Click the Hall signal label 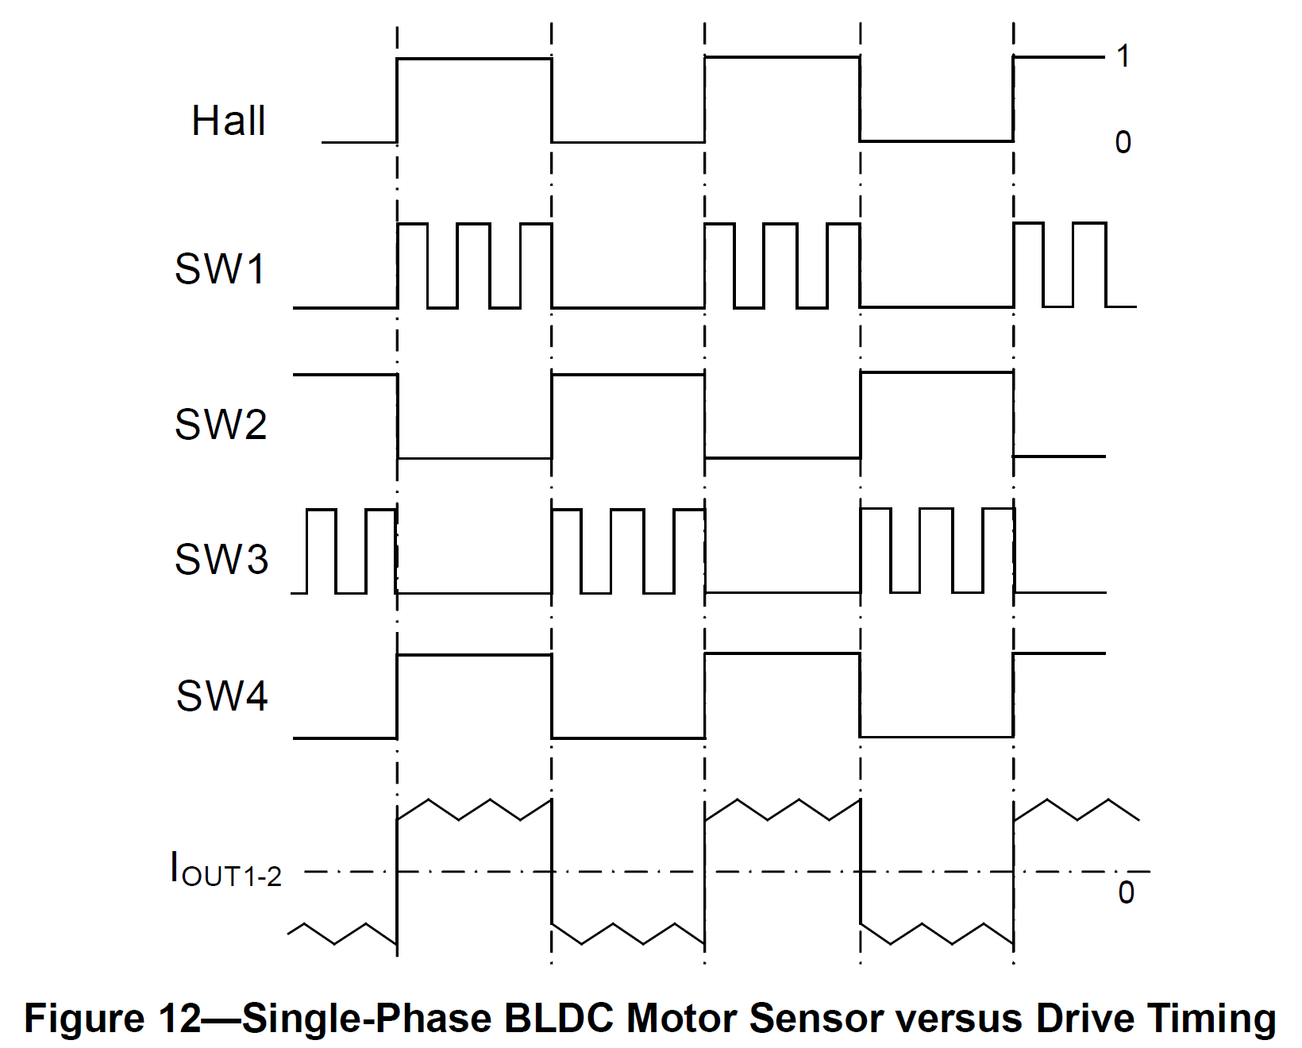[228, 121]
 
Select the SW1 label [220, 269]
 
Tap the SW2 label [221, 424]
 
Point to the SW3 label [221, 559]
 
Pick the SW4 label [221, 695]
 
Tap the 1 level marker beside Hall [1123, 56]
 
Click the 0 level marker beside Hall [1123, 143]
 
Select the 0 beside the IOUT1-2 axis [1126, 893]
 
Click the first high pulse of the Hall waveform [474, 59]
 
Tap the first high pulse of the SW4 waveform [474, 656]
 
